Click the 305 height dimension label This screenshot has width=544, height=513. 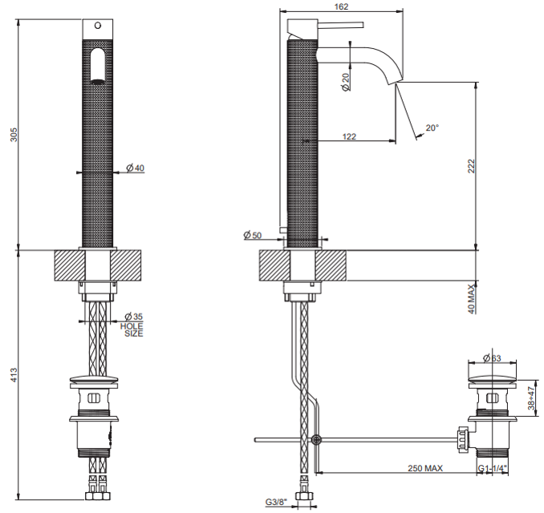[x=13, y=135]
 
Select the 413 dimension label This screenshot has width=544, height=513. [x=13, y=375]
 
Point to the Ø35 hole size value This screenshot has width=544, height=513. [x=134, y=317]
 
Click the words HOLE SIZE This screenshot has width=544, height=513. [x=132, y=329]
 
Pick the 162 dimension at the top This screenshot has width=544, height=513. [x=341, y=6]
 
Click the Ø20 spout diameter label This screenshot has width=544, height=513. [x=346, y=82]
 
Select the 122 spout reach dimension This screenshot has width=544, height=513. [x=349, y=136]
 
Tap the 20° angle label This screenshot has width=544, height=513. [x=432, y=128]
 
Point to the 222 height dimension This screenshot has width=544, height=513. [x=471, y=166]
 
